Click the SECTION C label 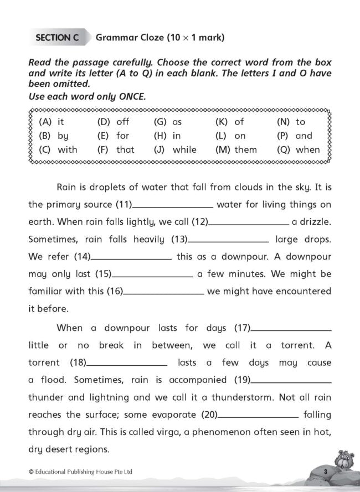click(x=56, y=38)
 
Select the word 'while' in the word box click(x=184, y=149)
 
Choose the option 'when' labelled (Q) click(x=307, y=149)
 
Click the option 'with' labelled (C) click(x=68, y=149)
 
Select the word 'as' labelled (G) click(x=177, y=122)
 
